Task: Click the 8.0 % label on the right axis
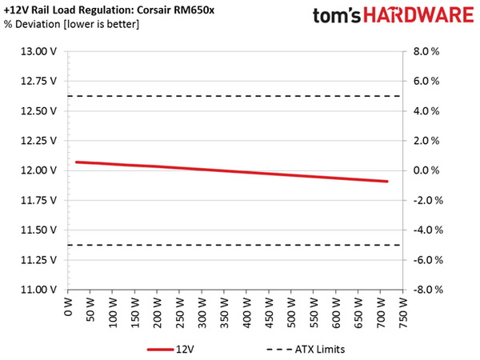click(x=426, y=51)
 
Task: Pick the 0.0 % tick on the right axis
click(x=426, y=170)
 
